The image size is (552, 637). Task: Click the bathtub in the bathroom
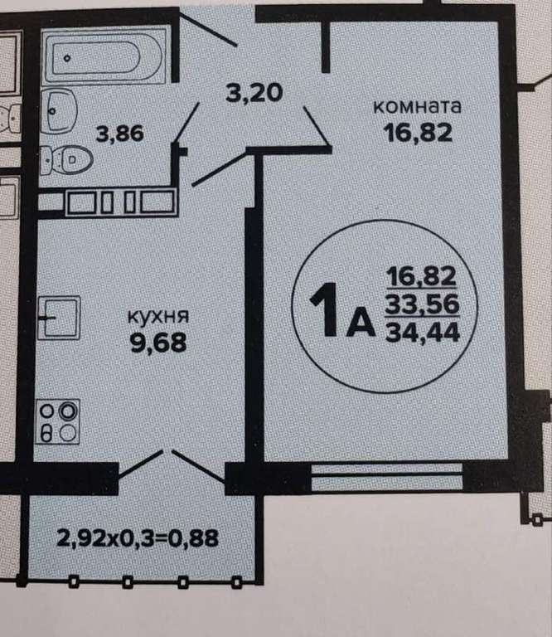(104, 56)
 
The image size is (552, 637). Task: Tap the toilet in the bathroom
(67, 160)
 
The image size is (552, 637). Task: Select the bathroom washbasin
(59, 110)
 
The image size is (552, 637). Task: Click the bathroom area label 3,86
(119, 134)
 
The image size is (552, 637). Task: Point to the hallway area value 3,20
(254, 93)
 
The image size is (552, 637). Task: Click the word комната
(417, 106)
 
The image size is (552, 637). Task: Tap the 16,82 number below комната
(418, 133)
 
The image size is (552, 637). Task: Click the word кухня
(158, 316)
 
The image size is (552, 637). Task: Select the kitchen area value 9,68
(158, 343)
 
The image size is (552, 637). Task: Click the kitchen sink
(59, 318)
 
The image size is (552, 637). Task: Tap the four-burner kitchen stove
(58, 421)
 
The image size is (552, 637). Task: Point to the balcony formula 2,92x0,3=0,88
(138, 537)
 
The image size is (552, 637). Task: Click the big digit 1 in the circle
(326, 309)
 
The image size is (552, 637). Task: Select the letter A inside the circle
(361, 321)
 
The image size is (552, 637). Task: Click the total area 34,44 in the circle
(423, 333)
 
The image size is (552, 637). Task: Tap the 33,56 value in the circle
(422, 304)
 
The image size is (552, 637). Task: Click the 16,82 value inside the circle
(422, 276)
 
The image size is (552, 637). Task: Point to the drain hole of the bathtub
(67, 58)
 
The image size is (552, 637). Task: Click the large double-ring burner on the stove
(68, 411)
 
